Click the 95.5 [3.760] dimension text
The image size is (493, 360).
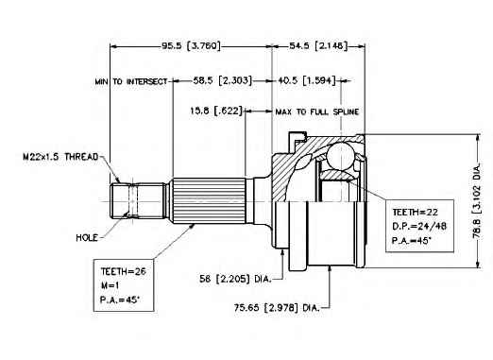click(191, 46)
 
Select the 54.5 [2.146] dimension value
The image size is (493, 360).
click(318, 46)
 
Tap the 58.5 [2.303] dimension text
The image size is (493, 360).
click(223, 80)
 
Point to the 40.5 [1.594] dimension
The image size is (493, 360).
click(306, 80)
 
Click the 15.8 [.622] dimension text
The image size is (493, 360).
click(216, 111)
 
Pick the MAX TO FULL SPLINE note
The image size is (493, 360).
click(317, 111)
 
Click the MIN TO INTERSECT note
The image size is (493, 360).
click(131, 81)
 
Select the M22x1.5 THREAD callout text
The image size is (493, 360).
click(60, 157)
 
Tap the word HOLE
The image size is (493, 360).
click(87, 238)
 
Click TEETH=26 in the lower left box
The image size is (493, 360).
click(124, 271)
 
